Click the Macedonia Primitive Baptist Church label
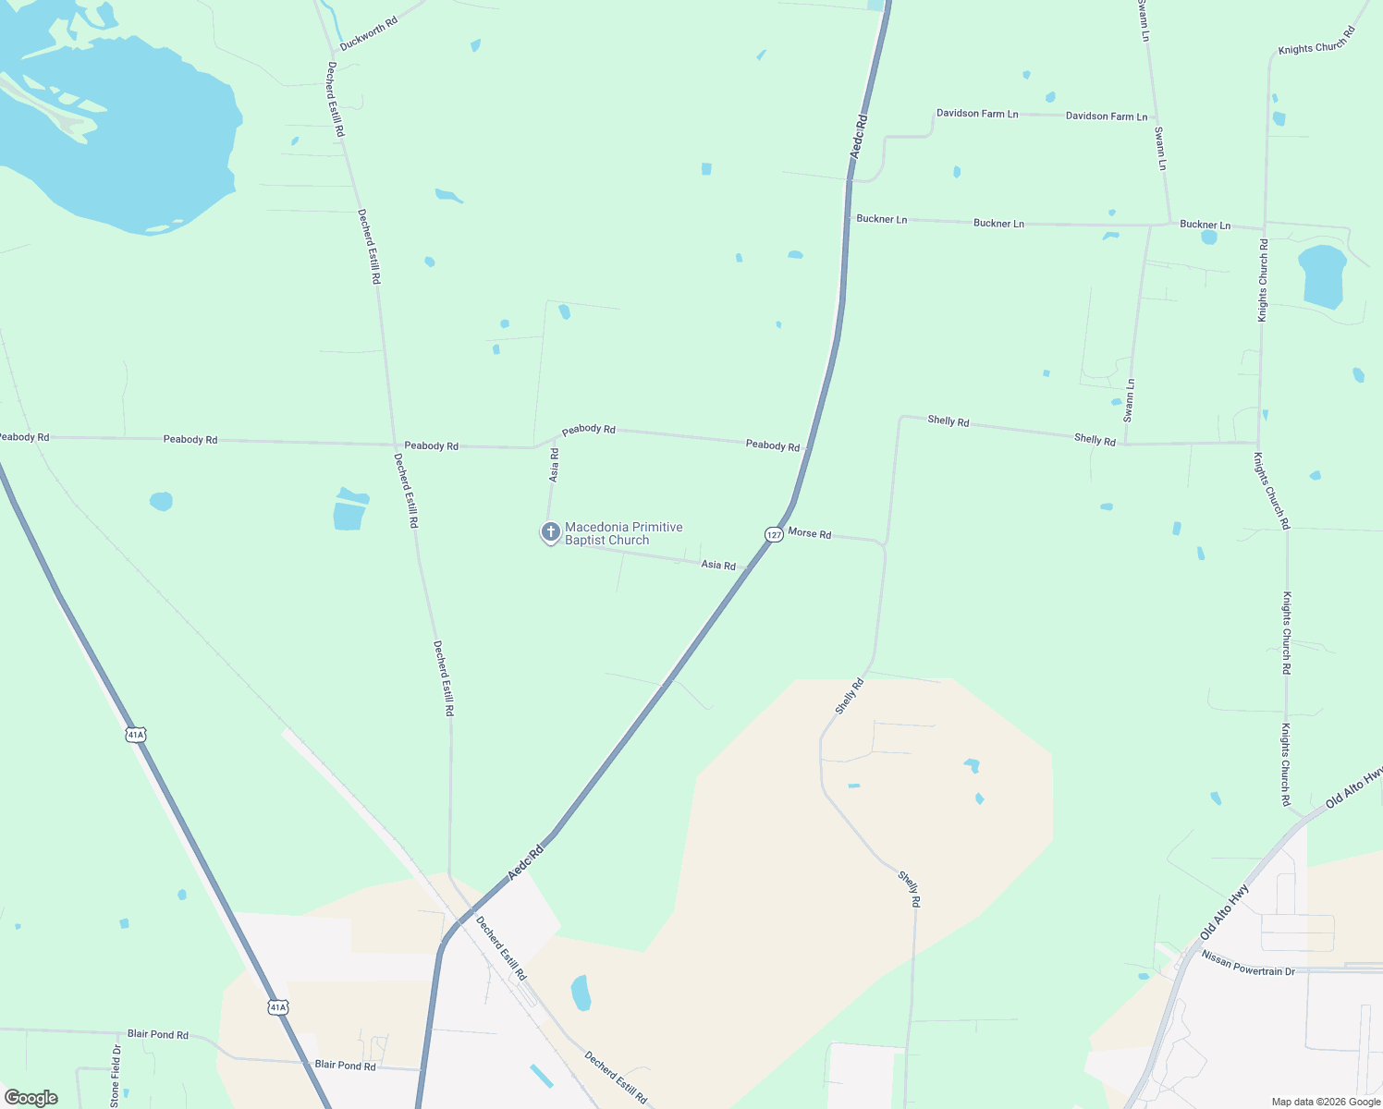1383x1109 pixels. pyautogui.click(x=623, y=533)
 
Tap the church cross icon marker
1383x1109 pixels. pyautogui.click(x=550, y=531)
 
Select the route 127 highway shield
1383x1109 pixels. pyautogui.click(x=774, y=534)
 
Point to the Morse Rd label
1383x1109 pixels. pyautogui.click(x=810, y=534)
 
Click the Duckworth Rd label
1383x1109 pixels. pyautogui.click(x=368, y=32)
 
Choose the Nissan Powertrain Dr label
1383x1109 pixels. pyautogui.click(x=1248, y=964)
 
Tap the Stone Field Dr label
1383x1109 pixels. pyautogui.click(x=116, y=1075)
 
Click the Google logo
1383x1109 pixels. pyautogui.click(x=31, y=1097)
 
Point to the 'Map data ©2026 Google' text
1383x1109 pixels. pyautogui.click(x=1326, y=1102)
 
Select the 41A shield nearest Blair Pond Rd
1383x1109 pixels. pyautogui.click(x=278, y=1006)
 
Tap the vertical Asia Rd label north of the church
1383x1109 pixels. pyautogui.click(x=554, y=465)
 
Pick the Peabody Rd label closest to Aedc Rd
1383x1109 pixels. pyautogui.click(x=773, y=445)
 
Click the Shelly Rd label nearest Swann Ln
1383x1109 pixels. pyautogui.click(x=1095, y=439)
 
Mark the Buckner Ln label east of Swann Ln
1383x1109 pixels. pyautogui.click(x=1205, y=225)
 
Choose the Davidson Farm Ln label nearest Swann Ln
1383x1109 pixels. pyautogui.click(x=1106, y=116)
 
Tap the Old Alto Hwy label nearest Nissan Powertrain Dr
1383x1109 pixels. pyautogui.click(x=1224, y=912)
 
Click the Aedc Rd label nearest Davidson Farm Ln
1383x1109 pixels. pyautogui.click(x=859, y=137)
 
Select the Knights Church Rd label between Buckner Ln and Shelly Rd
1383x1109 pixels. pyautogui.click(x=1263, y=280)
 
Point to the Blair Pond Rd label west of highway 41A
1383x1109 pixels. pyautogui.click(x=157, y=1034)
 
